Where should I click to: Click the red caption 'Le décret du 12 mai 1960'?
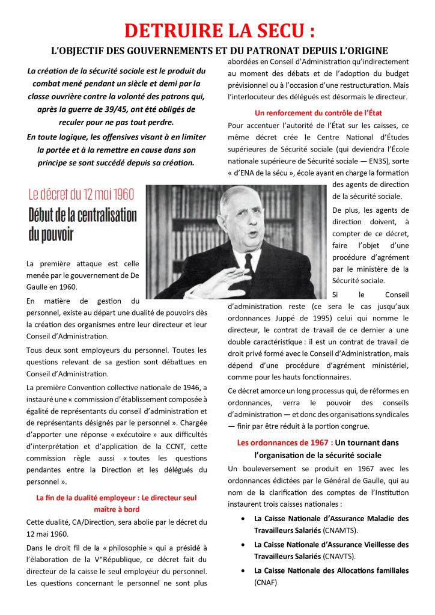click(81, 194)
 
